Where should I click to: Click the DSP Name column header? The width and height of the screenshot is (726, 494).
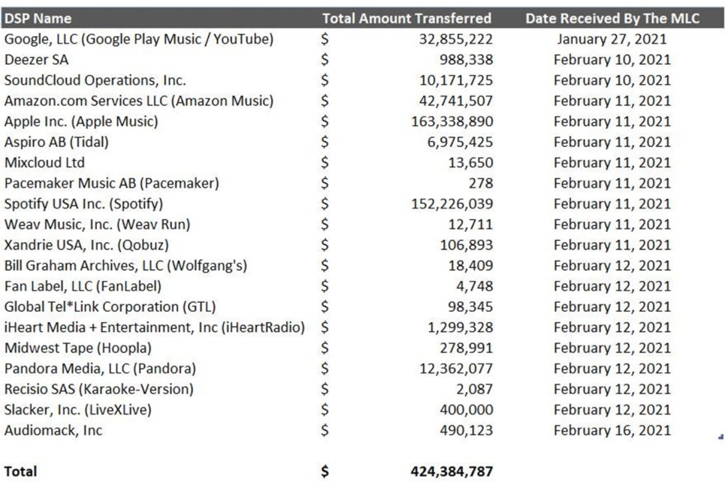(x=38, y=18)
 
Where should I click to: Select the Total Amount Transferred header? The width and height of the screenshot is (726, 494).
(x=406, y=18)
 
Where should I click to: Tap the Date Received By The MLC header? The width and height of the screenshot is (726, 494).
(x=612, y=18)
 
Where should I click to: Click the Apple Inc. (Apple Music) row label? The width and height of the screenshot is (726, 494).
(x=81, y=121)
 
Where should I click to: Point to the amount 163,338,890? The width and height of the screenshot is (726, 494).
(x=452, y=121)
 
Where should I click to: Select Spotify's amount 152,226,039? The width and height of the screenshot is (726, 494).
(x=452, y=204)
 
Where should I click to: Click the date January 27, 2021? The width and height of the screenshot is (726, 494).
(x=612, y=39)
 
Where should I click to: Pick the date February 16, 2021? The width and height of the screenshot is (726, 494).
(x=612, y=430)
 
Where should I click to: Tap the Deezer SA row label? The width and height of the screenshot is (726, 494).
(x=36, y=59)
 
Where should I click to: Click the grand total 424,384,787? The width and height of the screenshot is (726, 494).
(x=452, y=472)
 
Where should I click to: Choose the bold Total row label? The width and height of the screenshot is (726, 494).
(x=20, y=472)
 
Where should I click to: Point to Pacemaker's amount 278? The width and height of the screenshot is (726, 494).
(x=481, y=183)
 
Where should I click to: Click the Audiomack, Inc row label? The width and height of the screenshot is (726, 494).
(x=53, y=430)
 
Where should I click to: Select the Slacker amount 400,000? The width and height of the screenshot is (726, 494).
(x=466, y=410)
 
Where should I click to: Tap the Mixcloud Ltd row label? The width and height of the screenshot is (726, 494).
(x=44, y=163)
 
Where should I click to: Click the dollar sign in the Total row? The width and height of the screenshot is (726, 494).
(x=325, y=472)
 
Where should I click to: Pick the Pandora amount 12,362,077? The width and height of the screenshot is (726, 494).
(x=456, y=368)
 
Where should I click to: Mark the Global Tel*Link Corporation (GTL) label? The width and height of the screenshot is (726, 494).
(x=110, y=306)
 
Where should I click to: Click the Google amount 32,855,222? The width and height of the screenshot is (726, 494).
(x=456, y=39)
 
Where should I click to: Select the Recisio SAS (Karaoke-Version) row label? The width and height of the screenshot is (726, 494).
(x=99, y=389)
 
